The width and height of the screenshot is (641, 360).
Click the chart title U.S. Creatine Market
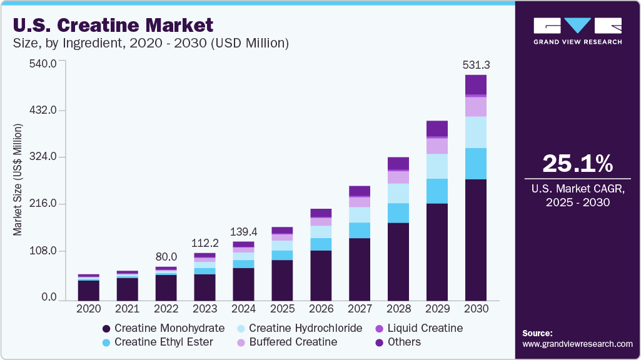tap(113, 25)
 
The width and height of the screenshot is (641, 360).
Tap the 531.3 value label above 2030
tap(475, 65)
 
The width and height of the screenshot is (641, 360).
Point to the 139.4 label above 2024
tap(243, 232)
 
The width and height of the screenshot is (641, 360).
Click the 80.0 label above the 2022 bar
tap(166, 257)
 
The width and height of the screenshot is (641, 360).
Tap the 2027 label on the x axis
tap(360, 309)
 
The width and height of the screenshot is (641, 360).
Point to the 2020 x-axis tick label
tap(88, 309)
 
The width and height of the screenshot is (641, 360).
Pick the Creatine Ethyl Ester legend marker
tap(106, 342)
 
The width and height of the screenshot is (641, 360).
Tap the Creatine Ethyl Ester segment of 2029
tap(437, 191)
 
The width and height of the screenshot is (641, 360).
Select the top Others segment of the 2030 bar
tap(475, 84)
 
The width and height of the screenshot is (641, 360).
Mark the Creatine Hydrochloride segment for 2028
tap(398, 193)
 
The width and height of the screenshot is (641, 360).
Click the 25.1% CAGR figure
tap(578, 163)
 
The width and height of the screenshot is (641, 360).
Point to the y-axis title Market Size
tap(18, 180)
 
